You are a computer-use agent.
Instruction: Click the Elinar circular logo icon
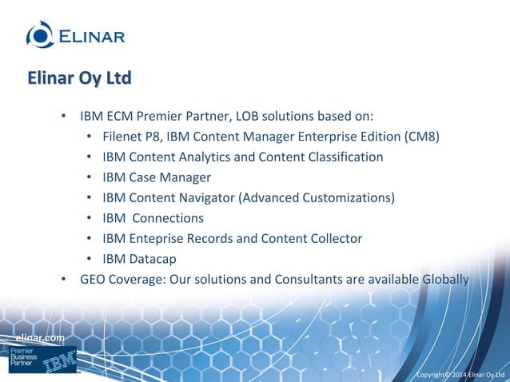click(x=39, y=34)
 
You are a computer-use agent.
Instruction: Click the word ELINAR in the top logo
click(x=90, y=36)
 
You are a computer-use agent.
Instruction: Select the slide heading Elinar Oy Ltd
click(x=78, y=79)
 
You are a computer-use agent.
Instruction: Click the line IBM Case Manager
click(x=157, y=177)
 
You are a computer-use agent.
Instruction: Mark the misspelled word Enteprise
click(x=157, y=238)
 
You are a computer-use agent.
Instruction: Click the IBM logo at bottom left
click(x=61, y=362)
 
